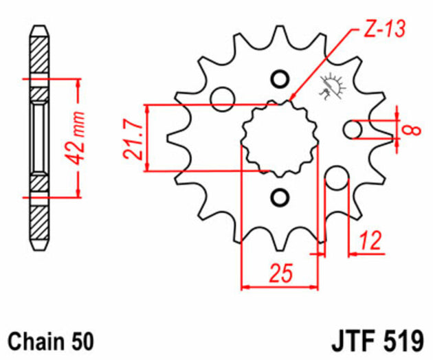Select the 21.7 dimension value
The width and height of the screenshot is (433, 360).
pos(135,139)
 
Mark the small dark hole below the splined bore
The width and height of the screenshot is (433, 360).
pos(280,199)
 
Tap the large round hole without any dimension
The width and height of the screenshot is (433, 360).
pos(222,99)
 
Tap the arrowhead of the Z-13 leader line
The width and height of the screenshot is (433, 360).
pos(293,101)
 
